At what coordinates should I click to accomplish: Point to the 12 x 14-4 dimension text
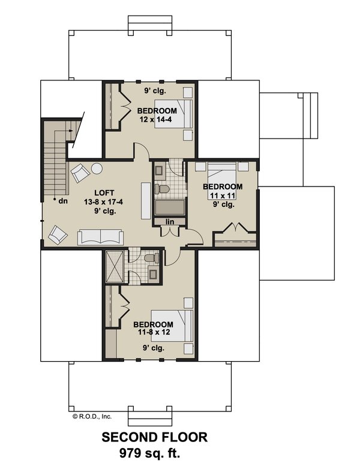[157, 120]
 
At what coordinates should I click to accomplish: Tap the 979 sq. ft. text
[154, 452]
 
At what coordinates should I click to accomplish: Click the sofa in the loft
[100, 237]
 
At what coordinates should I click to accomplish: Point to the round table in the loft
[97, 169]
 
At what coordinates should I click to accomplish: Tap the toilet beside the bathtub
[161, 190]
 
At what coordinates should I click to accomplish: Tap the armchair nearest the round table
[79, 175]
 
